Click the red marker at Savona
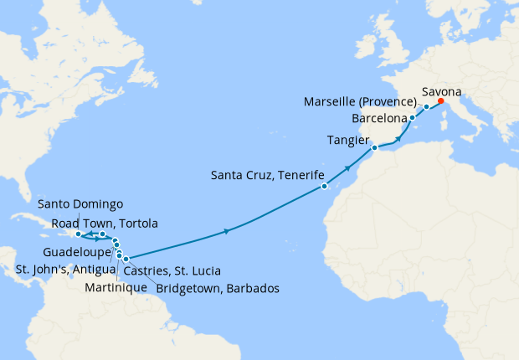pos(441,102)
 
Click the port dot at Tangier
pos(374,148)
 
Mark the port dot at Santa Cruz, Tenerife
pos(324,187)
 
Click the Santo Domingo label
pos(81,204)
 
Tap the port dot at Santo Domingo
pos(78,234)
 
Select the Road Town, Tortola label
pos(105,223)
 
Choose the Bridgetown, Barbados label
pos(216,288)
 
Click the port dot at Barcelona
pos(412,118)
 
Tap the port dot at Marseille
pos(426,107)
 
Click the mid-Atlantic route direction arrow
pos(227,231)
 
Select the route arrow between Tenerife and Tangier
pos(346,170)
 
